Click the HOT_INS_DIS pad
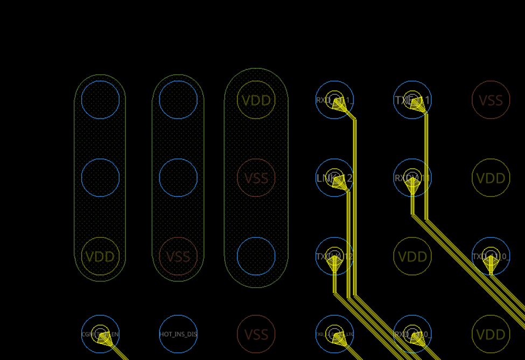tap(178, 334)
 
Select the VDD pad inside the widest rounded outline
tap(256, 100)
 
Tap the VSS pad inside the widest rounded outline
tap(256, 178)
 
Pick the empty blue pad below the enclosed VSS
tap(256, 256)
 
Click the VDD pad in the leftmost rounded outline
tap(101, 256)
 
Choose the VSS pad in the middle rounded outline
tap(178, 256)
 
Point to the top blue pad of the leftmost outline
tap(101, 100)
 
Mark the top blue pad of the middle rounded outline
tap(178, 100)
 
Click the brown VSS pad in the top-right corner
tap(491, 100)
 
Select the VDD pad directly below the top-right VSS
tap(491, 178)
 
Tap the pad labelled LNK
tap(334, 178)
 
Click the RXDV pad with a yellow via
tap(412, 178)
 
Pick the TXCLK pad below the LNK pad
tap(334, 256)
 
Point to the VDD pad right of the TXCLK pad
tap(412, 256)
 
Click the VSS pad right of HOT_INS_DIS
tap(256, 334)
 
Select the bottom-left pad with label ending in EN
tap(101, 334)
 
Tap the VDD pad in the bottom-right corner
tap(491, 334)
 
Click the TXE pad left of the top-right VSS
tap(412, 100)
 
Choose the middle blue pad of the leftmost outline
tap(101, 178)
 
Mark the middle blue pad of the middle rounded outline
tap(178, 178)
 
